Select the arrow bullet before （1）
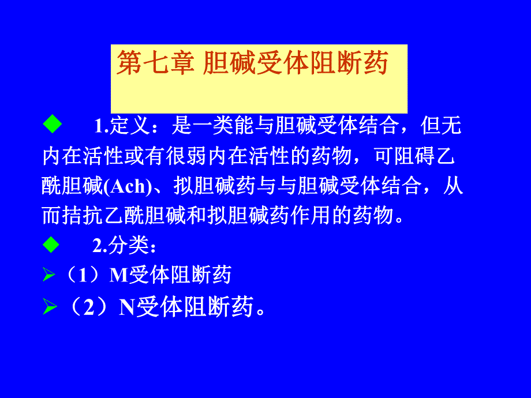coord(49,276)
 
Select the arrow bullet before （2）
coord(49,309)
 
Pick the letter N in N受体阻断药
coord(127,309)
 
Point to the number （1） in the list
coord(84,276)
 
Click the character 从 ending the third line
coord(455,186)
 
